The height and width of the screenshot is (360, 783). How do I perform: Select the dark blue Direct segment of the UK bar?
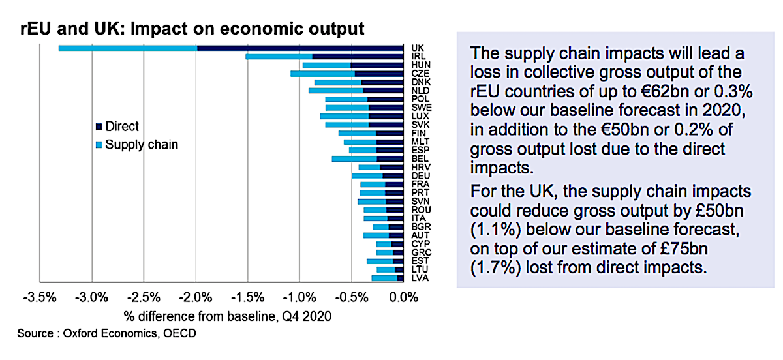(x=300, y=48)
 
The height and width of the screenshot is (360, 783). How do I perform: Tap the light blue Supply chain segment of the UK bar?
(x=127, y=48)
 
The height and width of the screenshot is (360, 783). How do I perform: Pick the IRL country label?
(x=419, y=57)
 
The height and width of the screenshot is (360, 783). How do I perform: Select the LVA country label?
(x=420, y=278)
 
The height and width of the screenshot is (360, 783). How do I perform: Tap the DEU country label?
(x=420, y=175)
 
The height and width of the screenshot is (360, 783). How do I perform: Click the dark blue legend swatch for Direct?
(x=99, y=127)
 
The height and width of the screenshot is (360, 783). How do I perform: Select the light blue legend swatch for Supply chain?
(x=99, y=145)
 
